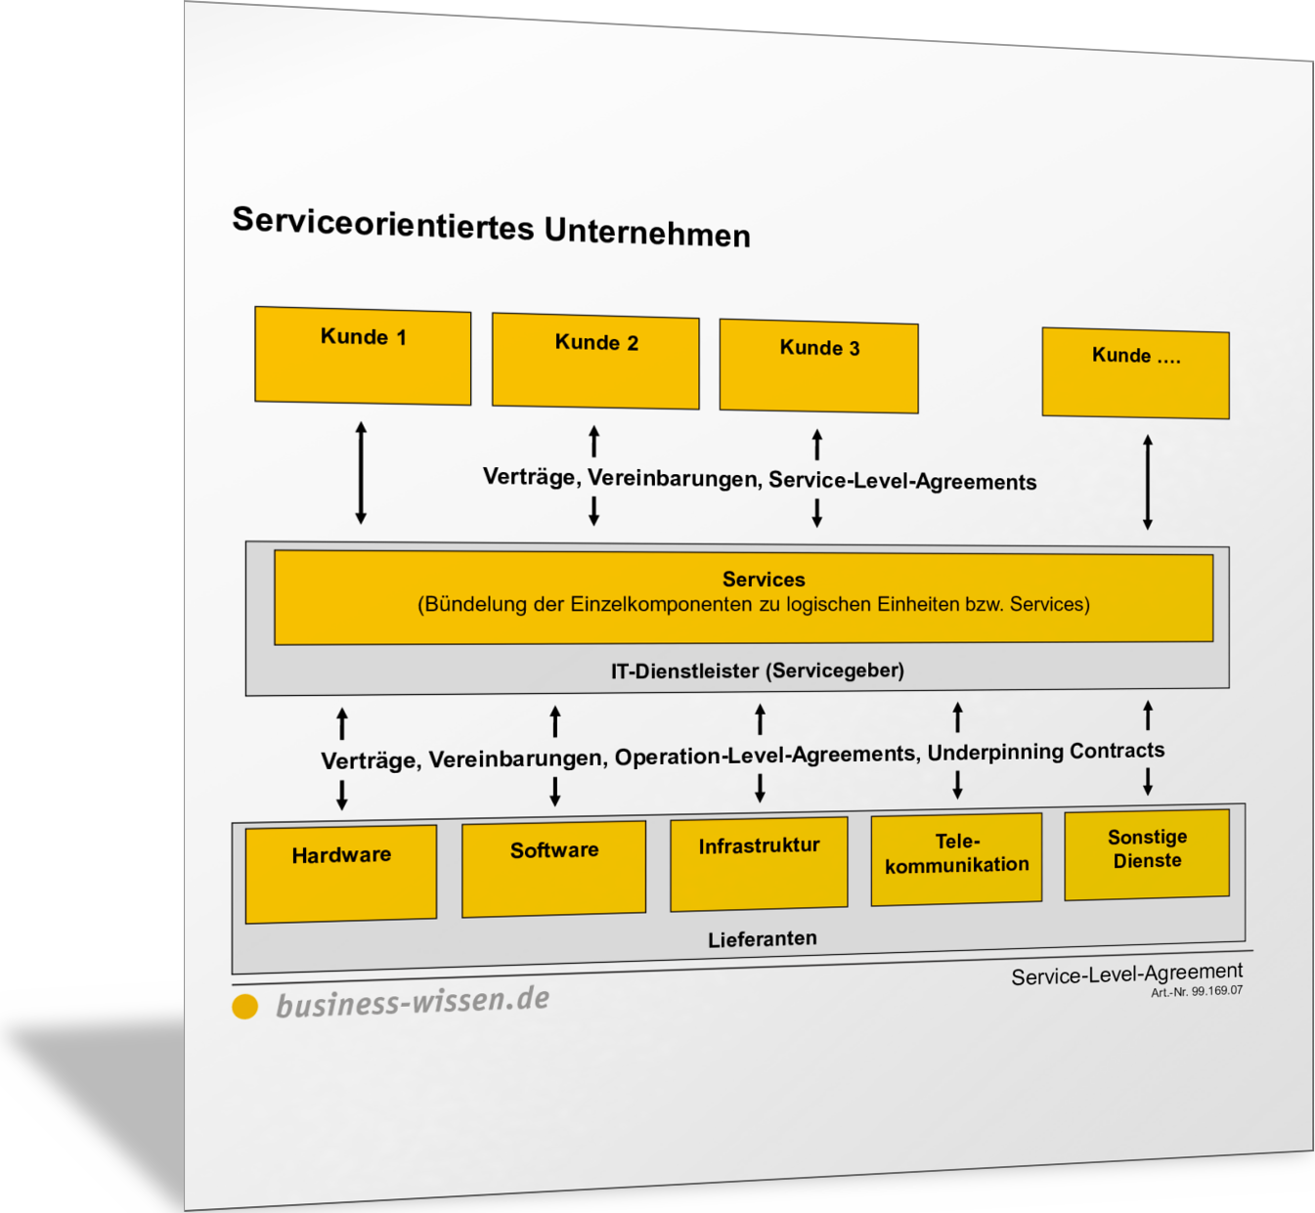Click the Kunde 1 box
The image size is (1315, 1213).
pyautogui.click(x=363, y=356)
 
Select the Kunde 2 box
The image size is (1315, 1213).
pyautogui.click(x=595, y=361)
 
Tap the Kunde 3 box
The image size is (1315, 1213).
pyautogui.click(x=818, y=366)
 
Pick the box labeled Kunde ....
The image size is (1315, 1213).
pyautogui.click(x=1135, y=373)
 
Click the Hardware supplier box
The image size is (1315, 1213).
pyautogui.click(x=340, y=873)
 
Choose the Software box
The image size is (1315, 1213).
pyautogui.click(x=553, y=868)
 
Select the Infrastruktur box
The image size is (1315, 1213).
pyautogui.click(x=759, y=863)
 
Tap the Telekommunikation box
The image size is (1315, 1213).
pyautogui.click(x=956, y=858)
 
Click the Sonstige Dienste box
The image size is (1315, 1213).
pyautogui.click(x=1147, y=853)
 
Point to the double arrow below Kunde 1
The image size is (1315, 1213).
pyautogui.click(x=361, y=473)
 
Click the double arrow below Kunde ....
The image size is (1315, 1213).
pyautogui.click(x=1148, y=483)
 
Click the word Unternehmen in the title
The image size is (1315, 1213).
pyautogui.click(x=647, y=233)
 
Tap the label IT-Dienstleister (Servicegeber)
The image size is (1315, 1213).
pyautogui.click(x=757, y=671)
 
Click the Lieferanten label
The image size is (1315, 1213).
pyautogui.click(x=762, y=938)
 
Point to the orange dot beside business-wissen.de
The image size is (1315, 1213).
pyautogui.click(x=244, y=1006)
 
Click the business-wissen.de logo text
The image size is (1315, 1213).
pyautogui.click(x=413, y=1002)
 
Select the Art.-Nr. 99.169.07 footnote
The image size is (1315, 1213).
pyautogui.click(x=1197, y=991)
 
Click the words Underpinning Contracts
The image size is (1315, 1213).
pyautogui.click(x=1045, y=752)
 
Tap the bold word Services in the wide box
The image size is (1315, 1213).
pyautogui.click(x=764, y=580)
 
